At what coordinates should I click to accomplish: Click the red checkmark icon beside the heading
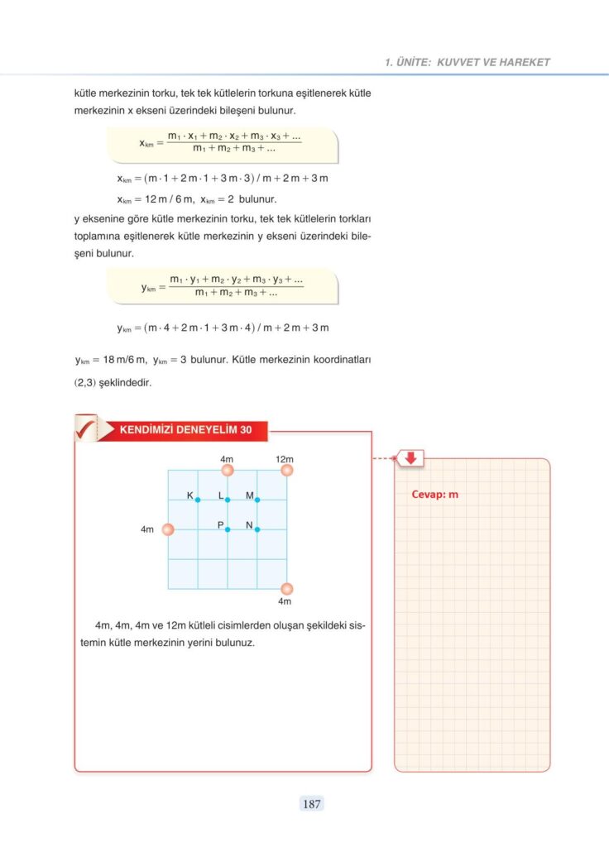coord(85,428)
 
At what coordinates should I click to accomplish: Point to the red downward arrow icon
coord(410,457)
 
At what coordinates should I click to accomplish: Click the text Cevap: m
coord(434,495)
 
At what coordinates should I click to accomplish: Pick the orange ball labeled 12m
coord(287,470)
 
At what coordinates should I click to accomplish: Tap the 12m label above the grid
coord(285,458)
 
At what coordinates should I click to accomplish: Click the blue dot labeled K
coord(198,500)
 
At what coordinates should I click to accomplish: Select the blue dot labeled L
coord(228,500)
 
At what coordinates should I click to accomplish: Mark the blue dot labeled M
coord(257,500)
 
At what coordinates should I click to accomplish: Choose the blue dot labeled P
coord(228,529)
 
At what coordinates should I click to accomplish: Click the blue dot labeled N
coord(257,529)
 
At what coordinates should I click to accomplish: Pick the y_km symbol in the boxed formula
coord(148,288)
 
